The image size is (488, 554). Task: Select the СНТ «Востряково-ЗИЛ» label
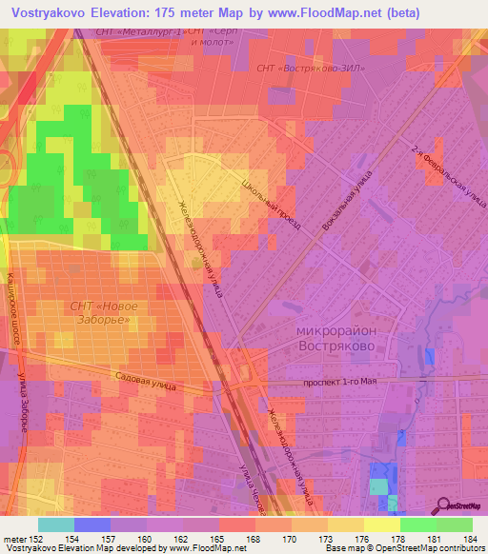pos(310,69)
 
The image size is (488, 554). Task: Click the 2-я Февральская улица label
pos(437,181)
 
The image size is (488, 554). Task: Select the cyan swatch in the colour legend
pos(55,524)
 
